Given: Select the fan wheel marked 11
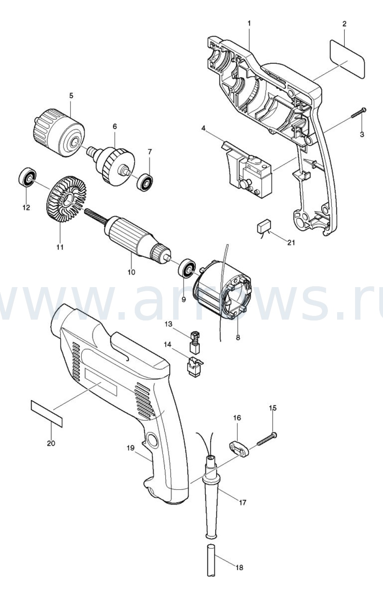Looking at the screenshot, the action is [67, 200].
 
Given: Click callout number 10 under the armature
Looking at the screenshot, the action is [131, 273].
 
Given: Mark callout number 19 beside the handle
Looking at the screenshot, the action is [131, 448].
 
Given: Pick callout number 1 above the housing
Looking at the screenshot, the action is [249, 23].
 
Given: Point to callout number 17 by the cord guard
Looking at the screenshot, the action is [242, 503].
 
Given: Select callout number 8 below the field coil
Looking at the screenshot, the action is [238, 338].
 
